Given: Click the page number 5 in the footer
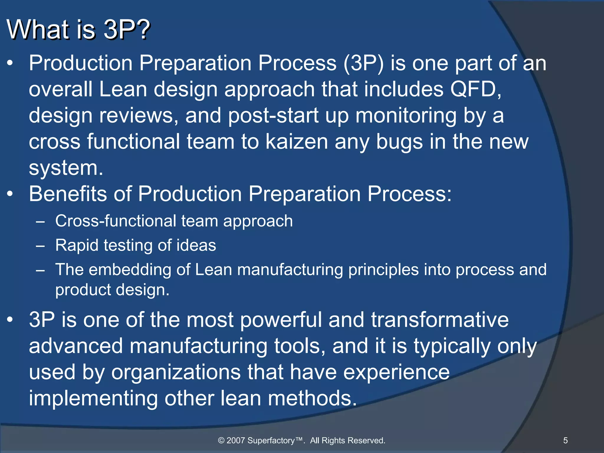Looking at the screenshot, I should pos(565,441).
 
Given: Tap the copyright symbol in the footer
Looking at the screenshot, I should pos(221,441).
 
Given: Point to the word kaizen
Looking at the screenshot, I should pos(297,142).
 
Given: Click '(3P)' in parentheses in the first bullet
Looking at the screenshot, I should pos(363,63).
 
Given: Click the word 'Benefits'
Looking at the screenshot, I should pos(68,194).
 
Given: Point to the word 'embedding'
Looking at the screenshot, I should pos(130,270).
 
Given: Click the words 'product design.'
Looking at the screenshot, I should pos(112,290).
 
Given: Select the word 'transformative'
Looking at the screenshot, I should pos(440,320).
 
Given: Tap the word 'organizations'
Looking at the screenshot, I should pos(176,372).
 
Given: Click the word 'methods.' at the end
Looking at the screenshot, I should pos(312,398).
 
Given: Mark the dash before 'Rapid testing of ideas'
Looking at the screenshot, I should pos(40,246).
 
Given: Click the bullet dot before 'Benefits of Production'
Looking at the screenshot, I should pos(10,194).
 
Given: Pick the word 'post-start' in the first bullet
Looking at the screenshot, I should pos(273,116).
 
